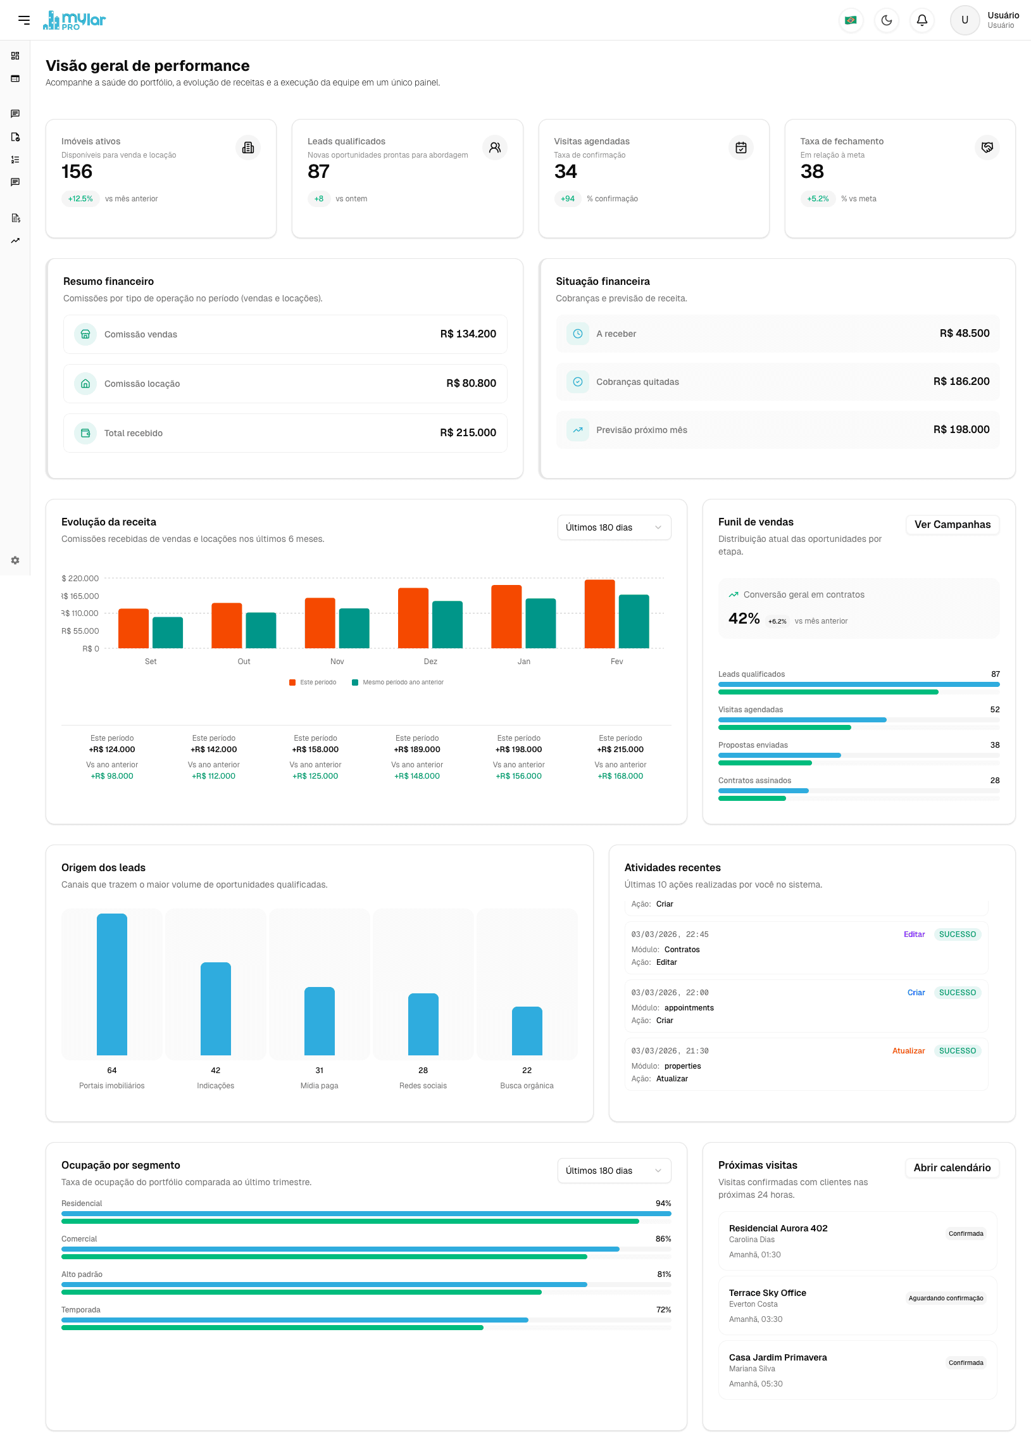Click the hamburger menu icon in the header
(24, 20)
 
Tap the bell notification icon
(922, 20)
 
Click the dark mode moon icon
(886, 20)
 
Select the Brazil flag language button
(851, 20)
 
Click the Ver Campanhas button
(952, 525)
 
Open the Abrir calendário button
(951, 1167)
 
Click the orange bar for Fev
(599, 613)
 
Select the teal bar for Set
(168, 632)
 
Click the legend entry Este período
(313, 682)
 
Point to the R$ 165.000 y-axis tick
(80, 596)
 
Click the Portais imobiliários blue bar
(112, 984)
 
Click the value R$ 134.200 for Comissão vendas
(468, 334)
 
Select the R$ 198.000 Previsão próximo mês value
(961, 430)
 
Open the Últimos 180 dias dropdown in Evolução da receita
(613, 528)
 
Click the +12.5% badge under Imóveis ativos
(80, 199)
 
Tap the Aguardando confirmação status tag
(945, 1298)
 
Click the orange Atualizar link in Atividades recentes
(908, 1051)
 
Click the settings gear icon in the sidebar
(15, 560)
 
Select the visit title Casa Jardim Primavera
(777, 1357)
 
